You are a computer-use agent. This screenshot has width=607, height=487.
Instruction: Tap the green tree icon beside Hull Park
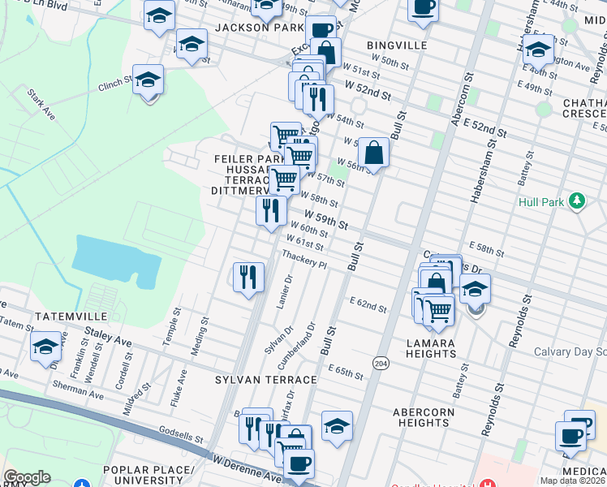pos(577,199)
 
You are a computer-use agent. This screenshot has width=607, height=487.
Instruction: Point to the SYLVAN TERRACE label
pos(265,380)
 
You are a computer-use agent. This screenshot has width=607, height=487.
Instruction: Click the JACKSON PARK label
pos(248,27)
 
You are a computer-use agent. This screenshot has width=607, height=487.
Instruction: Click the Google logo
pos(27,477)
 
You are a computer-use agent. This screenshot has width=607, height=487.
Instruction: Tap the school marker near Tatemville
pos(46,347)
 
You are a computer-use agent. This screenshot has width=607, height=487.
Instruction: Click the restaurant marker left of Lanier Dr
pos(248,277)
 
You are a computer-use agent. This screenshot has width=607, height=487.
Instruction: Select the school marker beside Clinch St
pos(149,80)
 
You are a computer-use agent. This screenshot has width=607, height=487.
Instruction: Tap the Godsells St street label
pos(181,435)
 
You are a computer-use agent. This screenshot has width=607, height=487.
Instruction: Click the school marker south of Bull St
pos(337,425)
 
